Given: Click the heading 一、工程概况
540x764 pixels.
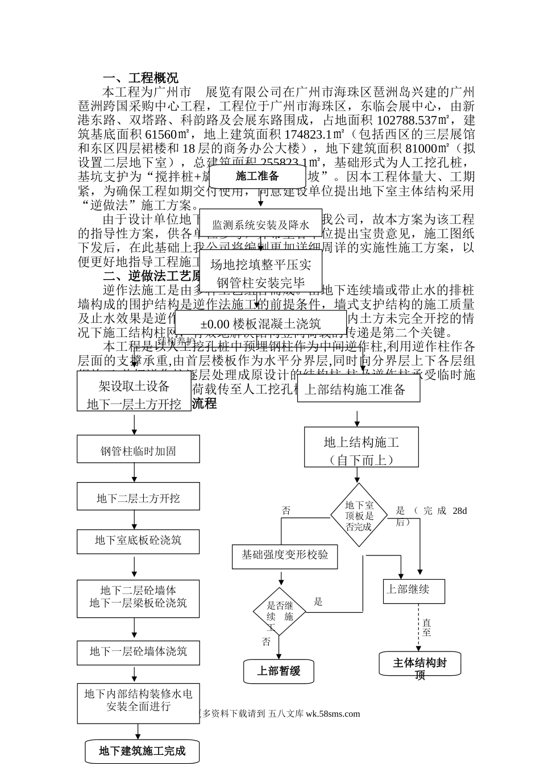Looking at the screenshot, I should click(140, 78).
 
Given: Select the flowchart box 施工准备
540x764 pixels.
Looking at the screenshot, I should click(258, 176).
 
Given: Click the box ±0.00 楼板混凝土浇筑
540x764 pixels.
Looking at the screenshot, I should click(260, 323).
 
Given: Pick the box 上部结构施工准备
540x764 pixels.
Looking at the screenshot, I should click(355, 389).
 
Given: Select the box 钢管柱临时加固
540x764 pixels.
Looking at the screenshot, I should click(138, 451).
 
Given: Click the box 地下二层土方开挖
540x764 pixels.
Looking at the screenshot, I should click(138, 498).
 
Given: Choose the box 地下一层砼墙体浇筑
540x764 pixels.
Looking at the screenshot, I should click(138, 651).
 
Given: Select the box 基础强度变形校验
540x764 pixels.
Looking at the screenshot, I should click(285, 555).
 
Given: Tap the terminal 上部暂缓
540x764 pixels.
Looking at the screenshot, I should click(279, 671).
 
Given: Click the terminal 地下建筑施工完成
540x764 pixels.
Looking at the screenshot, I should click(142, 751).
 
